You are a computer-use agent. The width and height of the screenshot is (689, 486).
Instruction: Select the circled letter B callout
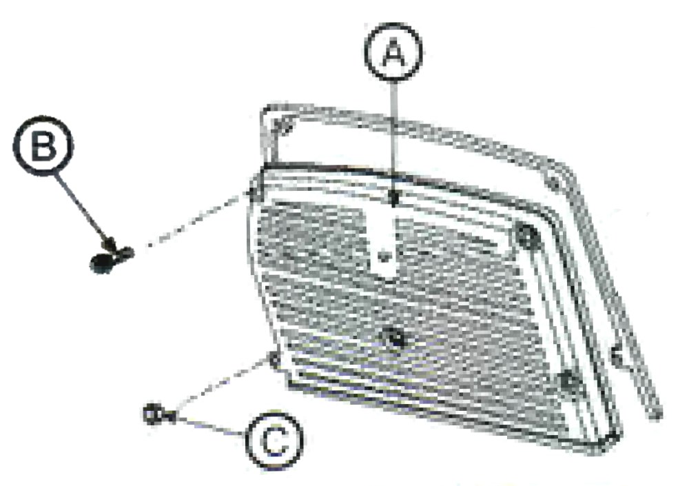click(43, 146)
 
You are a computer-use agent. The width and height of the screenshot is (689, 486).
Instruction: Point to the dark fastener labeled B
click(110, 257)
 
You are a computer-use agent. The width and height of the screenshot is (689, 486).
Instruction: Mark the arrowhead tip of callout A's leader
click(395, 205)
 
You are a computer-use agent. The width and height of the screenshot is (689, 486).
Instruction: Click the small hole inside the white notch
click(385, 255)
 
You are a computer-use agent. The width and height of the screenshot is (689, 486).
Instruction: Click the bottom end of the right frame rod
click(657, 414)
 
